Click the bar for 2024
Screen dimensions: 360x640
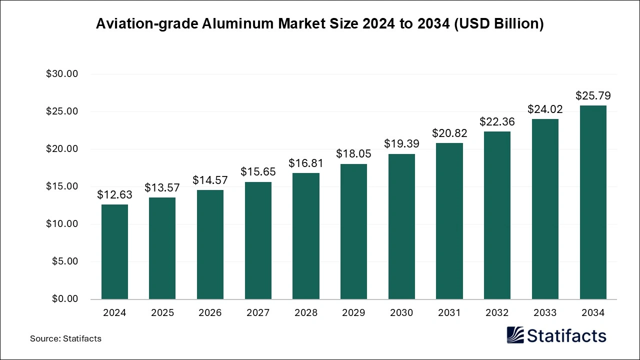pos(114,251)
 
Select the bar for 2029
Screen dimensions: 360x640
pos(353,231)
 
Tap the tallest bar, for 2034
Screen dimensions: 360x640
pos(593,202)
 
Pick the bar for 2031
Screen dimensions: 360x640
pos(449,221)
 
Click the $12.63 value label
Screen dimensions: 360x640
pos(114,194)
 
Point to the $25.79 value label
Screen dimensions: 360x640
pos(593,95)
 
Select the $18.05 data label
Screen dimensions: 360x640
pos(353,154)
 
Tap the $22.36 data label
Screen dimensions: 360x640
pos(497,121)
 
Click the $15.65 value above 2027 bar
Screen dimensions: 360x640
pos(258,172)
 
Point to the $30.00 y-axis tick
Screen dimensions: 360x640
pos(62,74)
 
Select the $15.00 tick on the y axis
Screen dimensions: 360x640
pos(62,186)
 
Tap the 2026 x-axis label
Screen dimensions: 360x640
pos(210,313)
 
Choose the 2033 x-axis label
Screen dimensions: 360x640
pos(545,313)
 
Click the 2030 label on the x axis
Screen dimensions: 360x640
pos(401,313)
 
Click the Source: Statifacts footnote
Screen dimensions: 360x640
pos(65,339)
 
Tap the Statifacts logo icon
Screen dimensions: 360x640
pos(515,335)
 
